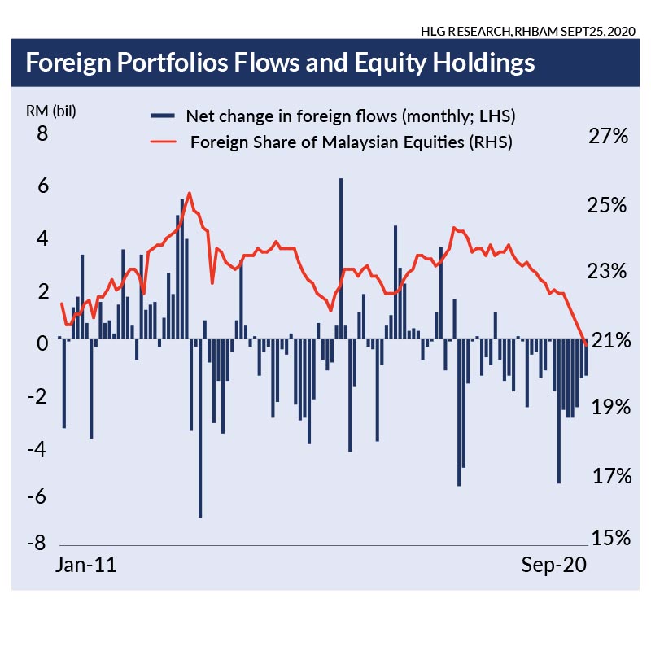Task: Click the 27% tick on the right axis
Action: pyautogui.click(x=608, y=137)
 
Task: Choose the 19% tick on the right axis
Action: pyautogui.click(x=608, y=407)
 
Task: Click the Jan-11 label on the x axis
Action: pyautogui.click(x=85, y=566)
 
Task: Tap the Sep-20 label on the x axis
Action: pyautogui.click(x=553, y=566)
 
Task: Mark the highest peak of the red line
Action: pyautogui.click(x=190, y=193)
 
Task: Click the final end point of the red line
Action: pyautogui.click(x=587, y=346)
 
